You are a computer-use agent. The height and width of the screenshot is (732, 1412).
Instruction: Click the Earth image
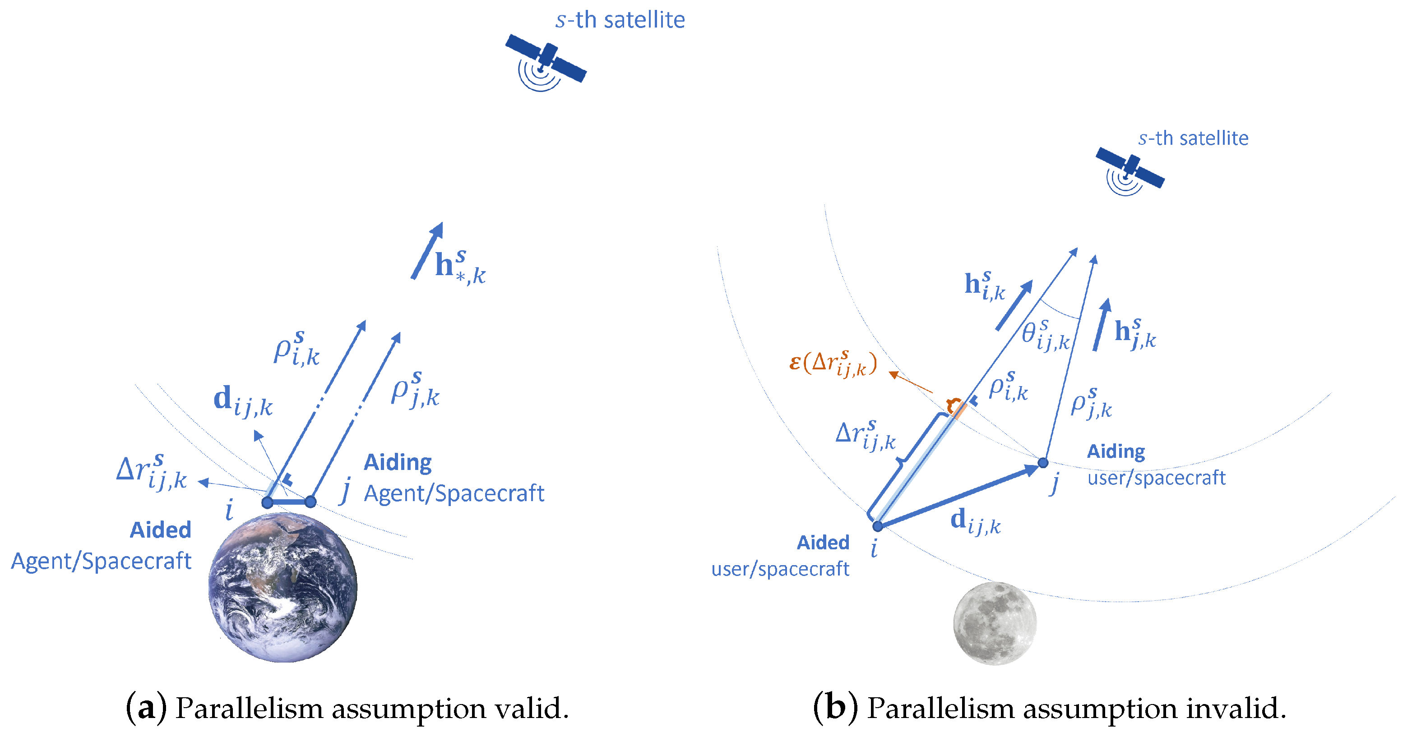pyautogui.click(x=283, y=587)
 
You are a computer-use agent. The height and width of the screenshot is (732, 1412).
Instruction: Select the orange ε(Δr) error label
pyautogui.click(x=833, y=363)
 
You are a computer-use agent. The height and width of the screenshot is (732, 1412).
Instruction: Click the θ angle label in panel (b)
pyautogui.click(x=1045, y=334)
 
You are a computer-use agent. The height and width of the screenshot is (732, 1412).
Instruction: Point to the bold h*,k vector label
pyautogui.click(x=459, y=267)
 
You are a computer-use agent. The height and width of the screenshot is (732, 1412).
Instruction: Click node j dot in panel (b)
pyautogui.click(x=1043, y=463)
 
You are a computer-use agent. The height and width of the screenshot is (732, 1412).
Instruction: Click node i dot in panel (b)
pyautogui.click(x=878, y=526)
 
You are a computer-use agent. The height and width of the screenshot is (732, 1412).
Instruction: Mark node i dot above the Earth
pyautogui.click(x=267, y=502)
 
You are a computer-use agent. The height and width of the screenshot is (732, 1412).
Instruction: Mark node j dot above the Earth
pyautogui.click(x=310, y=502)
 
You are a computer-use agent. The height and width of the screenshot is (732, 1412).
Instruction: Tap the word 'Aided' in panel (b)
pyautogui.click(x=823, y=543)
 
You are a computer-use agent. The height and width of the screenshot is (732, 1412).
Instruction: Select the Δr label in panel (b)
pyautogui.click(x=865, y=436)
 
